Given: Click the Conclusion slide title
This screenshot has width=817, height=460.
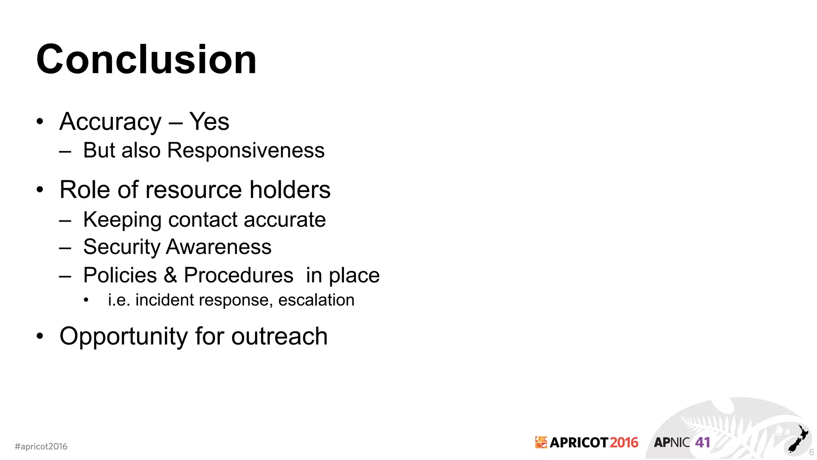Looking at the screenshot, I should pyautogui.click(x=146, y=60).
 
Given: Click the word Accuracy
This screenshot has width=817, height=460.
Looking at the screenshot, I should pyautogui.click(x=111, y=122).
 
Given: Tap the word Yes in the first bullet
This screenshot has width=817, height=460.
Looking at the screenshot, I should pyautogui.click(x=209, y=121).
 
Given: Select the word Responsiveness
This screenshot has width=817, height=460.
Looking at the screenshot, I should pyautogui.click(x=246, y=151).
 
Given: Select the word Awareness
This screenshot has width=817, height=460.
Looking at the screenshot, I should pyautogui.click(x=219, y=247).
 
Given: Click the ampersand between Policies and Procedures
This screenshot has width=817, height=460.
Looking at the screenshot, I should pyautogui.click(x=170, y=275).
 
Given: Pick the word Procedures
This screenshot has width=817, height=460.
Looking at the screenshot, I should pyautogui.click(x=239, y=275).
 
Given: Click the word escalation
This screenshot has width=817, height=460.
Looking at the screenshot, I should pyautogui.click(x=316, y=300).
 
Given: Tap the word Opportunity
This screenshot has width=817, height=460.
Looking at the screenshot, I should pyautogui.click(x=123, y=336).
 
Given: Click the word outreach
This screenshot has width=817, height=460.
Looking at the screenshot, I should pyautogui.click(x=279, y=336).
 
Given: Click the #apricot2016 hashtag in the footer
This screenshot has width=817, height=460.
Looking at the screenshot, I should pyautogui.click(x=41, y=446).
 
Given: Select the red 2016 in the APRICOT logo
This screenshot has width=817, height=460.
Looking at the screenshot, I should pyautogui.click(x=624, y=442).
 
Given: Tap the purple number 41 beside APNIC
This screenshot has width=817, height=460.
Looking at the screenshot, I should pyautogui.click(x=703, y=442).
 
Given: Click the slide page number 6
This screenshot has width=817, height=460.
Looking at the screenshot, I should pyautogui.click(x=811, y=452).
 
